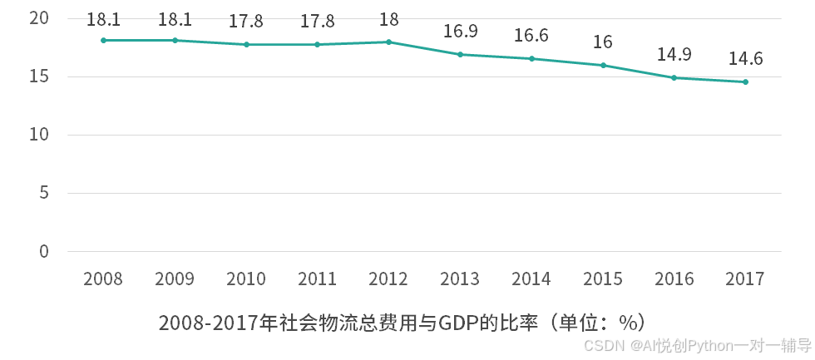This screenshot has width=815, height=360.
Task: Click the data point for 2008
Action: click(103, 40)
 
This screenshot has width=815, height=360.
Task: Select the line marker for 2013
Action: click(460, 54)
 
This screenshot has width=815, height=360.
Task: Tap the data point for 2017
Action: click(745, 81)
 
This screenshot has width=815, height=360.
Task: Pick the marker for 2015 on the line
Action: click(603, 65)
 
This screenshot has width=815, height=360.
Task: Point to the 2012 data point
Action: click(388, 42)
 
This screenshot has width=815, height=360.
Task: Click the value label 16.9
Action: click(460, 32)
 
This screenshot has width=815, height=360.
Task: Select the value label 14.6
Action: click(745, 59)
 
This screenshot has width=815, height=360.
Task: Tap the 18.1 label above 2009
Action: click(175, 19)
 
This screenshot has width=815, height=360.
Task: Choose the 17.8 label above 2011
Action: click(318, 22)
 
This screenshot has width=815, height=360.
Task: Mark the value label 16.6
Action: click(531, 35)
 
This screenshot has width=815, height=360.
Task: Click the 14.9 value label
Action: click(674, 55)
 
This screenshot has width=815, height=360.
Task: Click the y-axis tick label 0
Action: click(44, 251)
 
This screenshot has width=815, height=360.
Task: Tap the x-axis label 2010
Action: click(246, 279)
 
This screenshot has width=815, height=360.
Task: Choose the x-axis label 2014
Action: click(531, 279)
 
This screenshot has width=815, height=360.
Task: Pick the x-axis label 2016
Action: click(674, 279)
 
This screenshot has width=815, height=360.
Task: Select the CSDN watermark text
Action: click(604, 345)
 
